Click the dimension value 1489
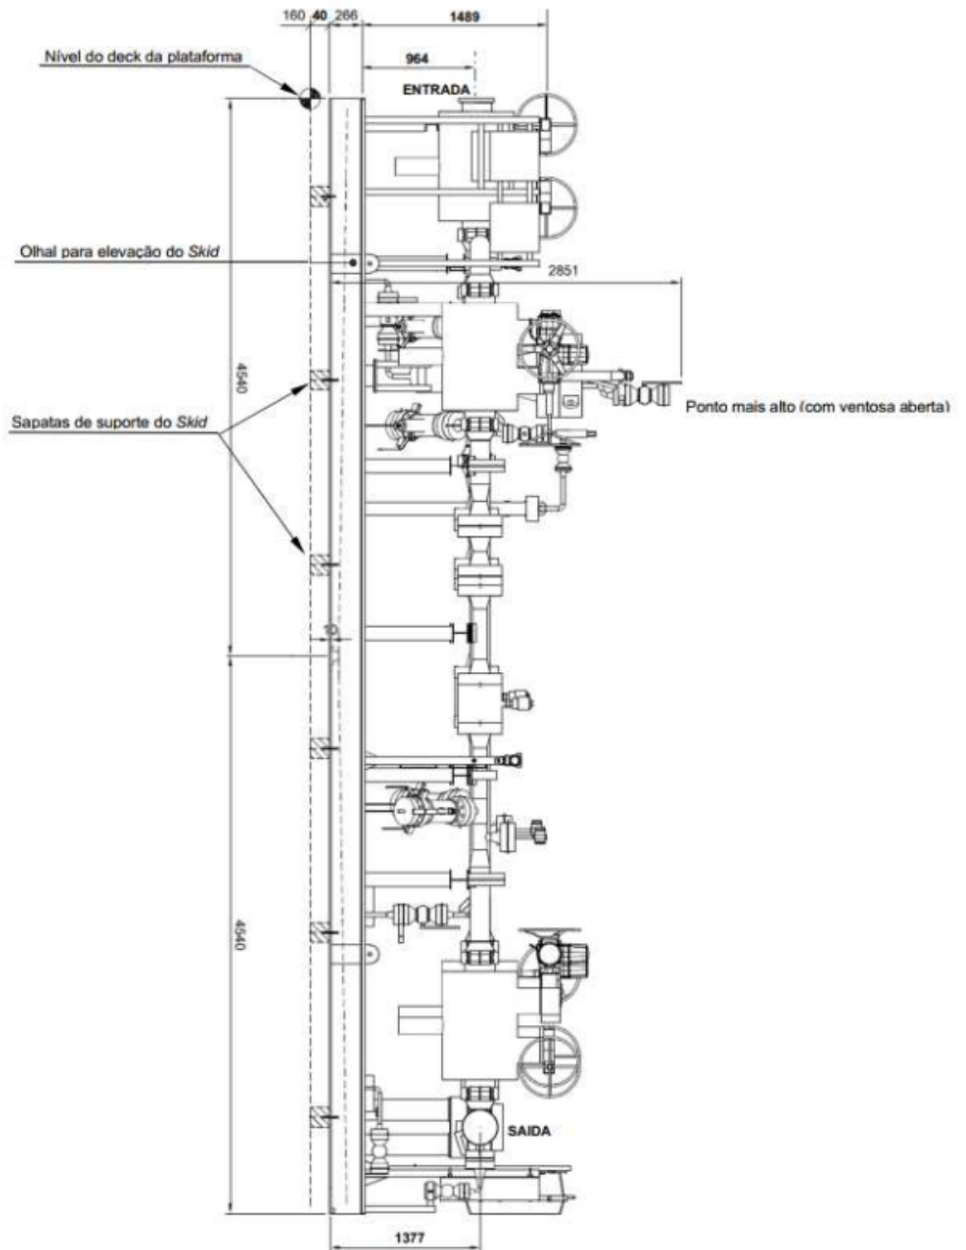464,16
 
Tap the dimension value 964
417,58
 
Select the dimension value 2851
563,270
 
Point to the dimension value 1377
409,1237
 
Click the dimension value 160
293,15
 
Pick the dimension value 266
346,15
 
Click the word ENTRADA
436,89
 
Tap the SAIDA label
529,1131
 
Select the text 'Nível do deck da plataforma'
143,57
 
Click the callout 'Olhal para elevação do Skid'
119,251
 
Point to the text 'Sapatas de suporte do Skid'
110,422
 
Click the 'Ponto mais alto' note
817,407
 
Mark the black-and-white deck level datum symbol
310,98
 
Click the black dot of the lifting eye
353,262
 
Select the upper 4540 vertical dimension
242,377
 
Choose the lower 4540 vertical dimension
242,935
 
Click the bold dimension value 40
319,15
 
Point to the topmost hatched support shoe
320,197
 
